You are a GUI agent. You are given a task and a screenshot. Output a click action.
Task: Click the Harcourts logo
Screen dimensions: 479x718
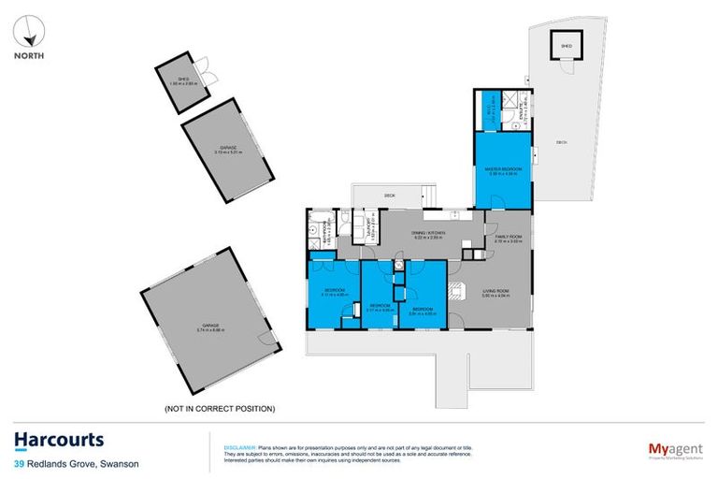click(59, 440)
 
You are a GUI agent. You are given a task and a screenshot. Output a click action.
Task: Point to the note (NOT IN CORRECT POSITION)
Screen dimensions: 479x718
click(219, 409)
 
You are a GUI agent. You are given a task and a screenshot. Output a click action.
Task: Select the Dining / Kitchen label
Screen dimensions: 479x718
click(428, 234)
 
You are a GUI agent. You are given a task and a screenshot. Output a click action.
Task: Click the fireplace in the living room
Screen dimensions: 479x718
click(457, 289)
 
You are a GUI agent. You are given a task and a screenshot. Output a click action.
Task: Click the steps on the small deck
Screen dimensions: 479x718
click(428, 196)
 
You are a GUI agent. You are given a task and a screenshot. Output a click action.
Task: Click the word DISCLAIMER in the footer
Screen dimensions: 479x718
click(227, 436)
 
